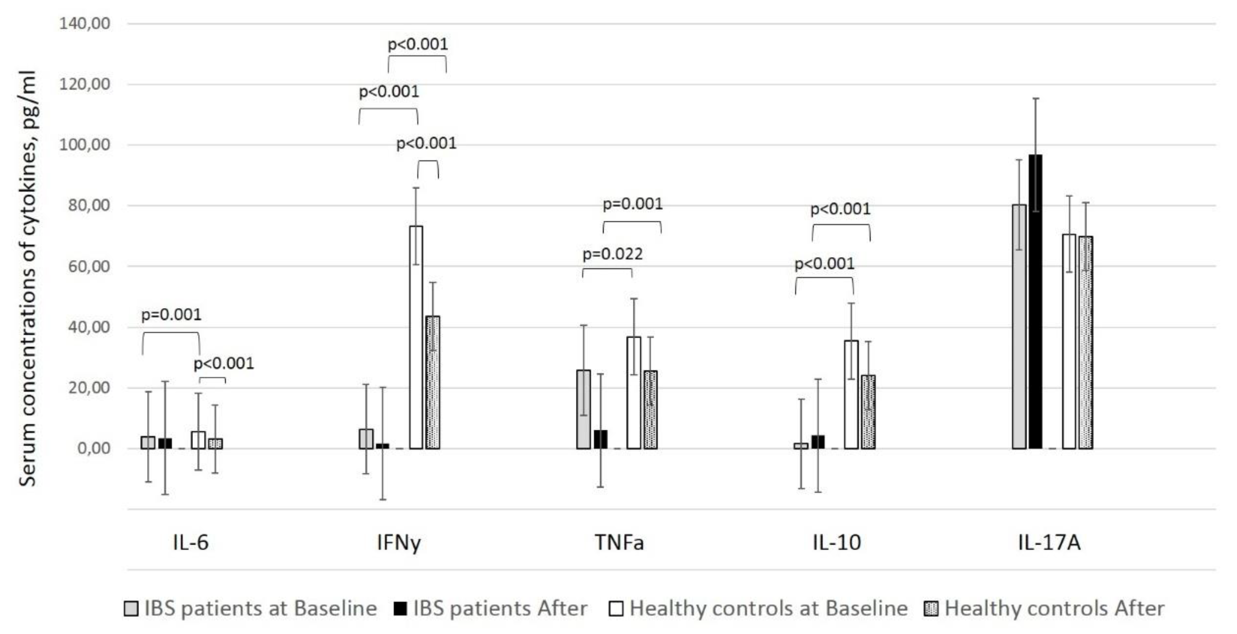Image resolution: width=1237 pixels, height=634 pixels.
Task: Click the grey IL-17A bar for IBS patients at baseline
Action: [1019, 327]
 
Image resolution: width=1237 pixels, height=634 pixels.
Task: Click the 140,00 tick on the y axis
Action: [85, 23]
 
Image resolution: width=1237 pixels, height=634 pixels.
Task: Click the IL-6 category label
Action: [191, 543]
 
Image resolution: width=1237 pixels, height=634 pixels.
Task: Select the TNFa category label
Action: [619, 543]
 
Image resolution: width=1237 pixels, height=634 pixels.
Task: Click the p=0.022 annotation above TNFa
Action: [612, 254]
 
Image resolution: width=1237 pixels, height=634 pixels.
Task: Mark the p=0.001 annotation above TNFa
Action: [632, 204]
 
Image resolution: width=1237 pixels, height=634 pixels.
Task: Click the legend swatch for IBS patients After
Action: [400, 609]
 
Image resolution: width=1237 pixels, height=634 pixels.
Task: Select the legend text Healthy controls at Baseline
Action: [768, 609]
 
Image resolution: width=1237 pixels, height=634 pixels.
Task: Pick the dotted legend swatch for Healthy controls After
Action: [931, 609]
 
